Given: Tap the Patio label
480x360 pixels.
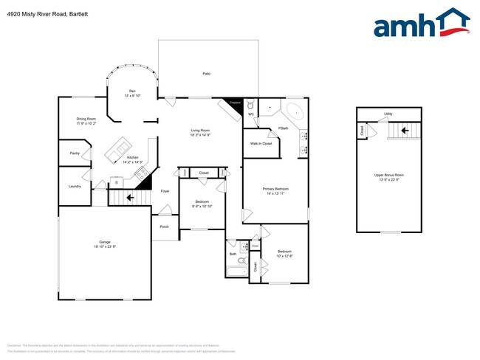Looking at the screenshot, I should (x=207, y=74).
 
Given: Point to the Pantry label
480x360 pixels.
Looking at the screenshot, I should (x=75, y=153).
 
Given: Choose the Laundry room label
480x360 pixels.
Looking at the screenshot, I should (x=75, y=186).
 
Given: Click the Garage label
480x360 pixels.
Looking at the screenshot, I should (x=105, y=243).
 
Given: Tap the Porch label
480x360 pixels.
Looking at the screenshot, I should (x=164, y=226).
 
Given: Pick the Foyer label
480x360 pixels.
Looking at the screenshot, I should (x=165, y=191).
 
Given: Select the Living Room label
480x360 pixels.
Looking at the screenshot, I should (x=201, y=131).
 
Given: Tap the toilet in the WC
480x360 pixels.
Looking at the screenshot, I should (x=250, y=106).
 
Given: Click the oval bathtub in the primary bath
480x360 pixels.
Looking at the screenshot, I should (x=294, y=113).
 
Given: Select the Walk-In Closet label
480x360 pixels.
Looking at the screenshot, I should (x=261, y=143).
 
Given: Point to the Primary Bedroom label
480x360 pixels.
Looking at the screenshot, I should (x=275, y=190).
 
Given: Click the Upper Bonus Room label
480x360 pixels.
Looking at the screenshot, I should (x=388, y=175).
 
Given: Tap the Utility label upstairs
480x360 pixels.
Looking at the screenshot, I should (x=388, y=114).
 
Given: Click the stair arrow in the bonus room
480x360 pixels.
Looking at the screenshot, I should (x=403, y=131).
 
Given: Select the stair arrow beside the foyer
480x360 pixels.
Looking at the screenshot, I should (x=131, y=197).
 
